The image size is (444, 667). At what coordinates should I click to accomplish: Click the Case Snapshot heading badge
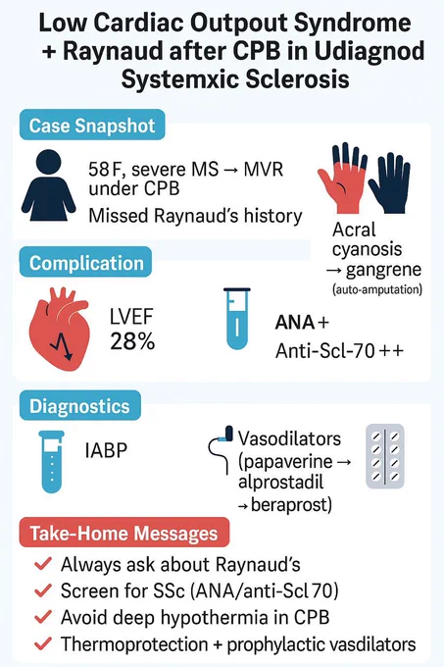[92, 126]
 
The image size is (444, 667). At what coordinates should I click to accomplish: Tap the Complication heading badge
[86, 263]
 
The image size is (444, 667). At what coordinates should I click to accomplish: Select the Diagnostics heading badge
[79, 405]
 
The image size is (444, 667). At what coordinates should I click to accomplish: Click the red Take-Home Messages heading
[124, 533]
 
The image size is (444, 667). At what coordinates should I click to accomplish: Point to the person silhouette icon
[48, 185]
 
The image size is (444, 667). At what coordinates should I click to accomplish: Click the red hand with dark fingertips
[342, 179]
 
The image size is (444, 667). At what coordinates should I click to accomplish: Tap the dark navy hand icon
[390, 182]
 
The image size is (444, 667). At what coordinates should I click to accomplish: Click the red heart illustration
[60, 329]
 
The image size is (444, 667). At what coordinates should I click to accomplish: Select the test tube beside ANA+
[237, 319]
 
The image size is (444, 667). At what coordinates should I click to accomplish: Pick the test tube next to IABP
[51, 462]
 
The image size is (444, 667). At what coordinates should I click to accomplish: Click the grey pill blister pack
[385, 456]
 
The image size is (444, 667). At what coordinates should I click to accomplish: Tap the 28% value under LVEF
[132, 341]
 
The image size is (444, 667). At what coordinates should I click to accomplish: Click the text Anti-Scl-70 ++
[339, 351]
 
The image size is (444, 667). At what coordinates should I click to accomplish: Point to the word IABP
[106, 450]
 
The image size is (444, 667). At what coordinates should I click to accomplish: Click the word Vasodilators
[289, 438]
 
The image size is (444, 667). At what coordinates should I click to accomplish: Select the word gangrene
[383, 270]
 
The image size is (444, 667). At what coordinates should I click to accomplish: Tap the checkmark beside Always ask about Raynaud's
[43, 564]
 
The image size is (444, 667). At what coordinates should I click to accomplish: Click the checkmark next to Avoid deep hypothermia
[43, 617]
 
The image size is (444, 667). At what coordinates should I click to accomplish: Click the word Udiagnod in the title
[370, 51]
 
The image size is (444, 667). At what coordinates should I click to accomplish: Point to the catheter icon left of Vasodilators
[221, 449]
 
